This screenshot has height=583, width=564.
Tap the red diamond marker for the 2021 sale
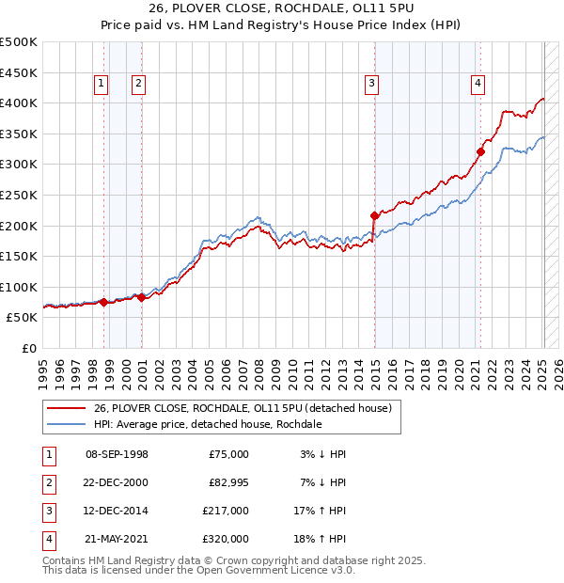480,151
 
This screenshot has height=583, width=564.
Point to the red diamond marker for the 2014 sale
374,215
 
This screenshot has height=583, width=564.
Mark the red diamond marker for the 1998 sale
103,302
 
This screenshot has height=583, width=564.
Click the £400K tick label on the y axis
19,102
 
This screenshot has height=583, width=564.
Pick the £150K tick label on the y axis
19,256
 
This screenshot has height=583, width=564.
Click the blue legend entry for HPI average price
208,424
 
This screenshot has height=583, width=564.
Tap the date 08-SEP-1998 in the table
117,454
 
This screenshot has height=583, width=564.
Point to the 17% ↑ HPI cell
321,511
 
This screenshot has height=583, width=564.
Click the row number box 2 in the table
47,482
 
